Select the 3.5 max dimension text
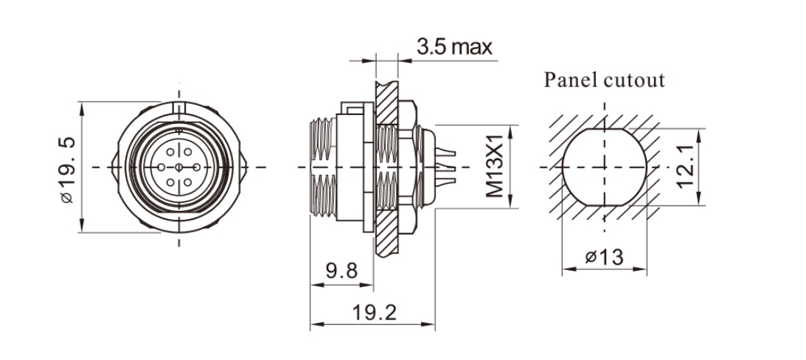[x=454, y=48]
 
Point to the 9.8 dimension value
[x=341, y=271]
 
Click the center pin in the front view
[x=178, y=167]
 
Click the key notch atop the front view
[x=178, y=108]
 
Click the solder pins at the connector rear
[x=447, y=167]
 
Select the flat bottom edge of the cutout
[x=604, y=204]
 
